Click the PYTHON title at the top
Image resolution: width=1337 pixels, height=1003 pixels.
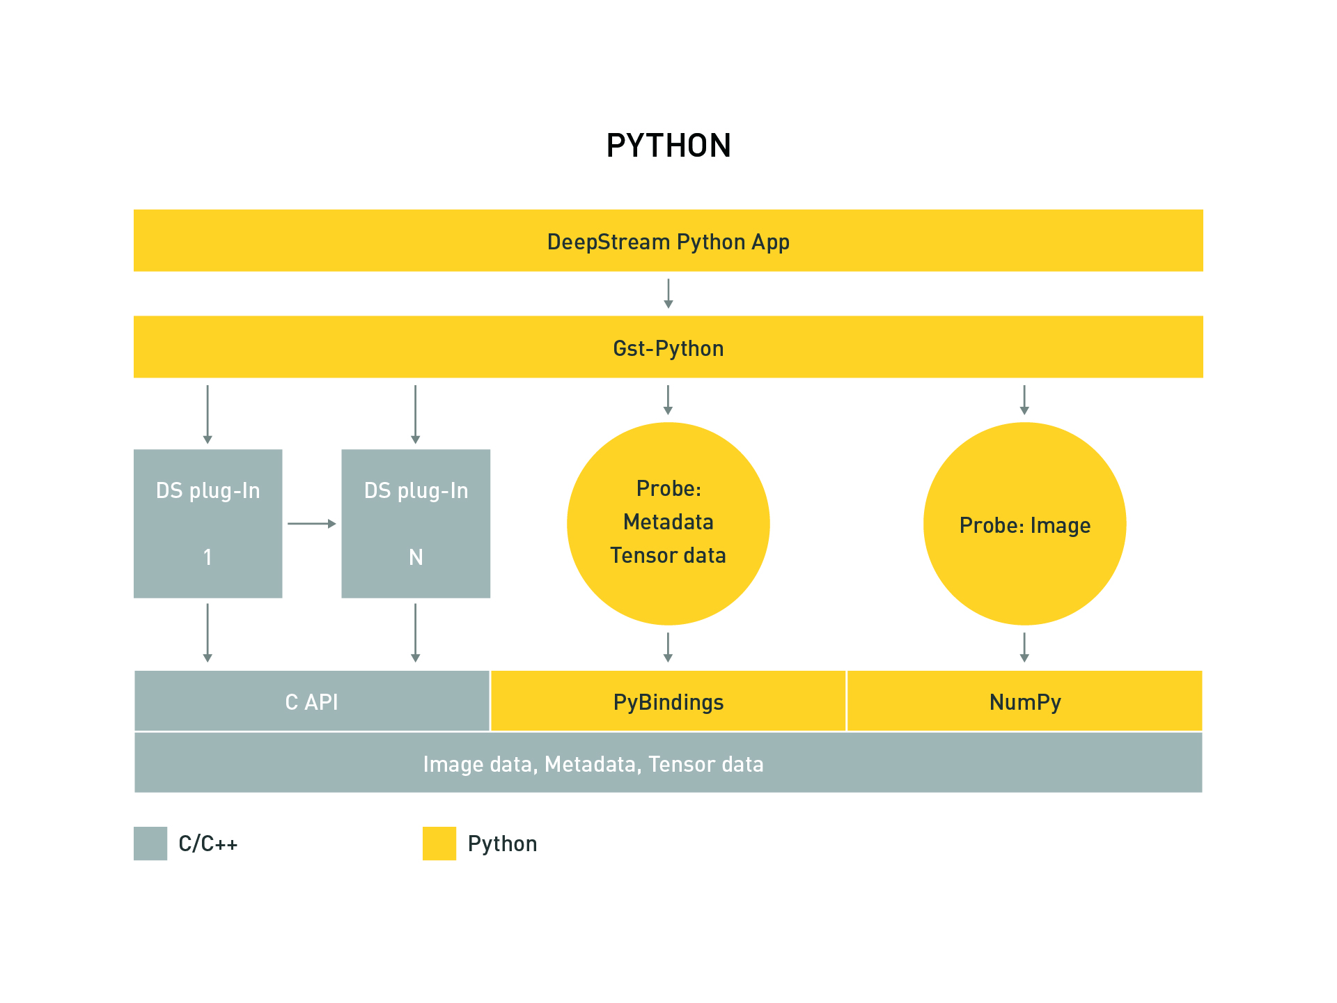[x=668, y=146]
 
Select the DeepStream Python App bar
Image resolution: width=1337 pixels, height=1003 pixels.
[x=668, y=241]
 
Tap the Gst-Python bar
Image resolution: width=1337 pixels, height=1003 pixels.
[x=668, y=347]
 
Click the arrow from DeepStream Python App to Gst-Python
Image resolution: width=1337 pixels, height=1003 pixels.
[x=668, y=293]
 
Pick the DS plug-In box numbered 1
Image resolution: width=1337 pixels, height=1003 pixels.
[x=208, y=523]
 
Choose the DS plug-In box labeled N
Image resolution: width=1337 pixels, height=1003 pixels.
[x=416, y=523]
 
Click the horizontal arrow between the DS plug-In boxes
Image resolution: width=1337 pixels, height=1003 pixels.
[x=311, y=523]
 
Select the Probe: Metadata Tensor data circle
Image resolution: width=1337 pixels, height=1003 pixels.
[x=668, y=523]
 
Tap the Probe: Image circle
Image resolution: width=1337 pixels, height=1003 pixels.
[x=1024, y=524]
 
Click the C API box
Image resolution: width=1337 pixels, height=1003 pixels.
[x=311, y=701]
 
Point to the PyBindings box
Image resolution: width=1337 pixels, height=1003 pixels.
[x=668, y=701]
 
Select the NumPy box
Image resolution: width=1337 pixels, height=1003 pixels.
[x=1024, y=701]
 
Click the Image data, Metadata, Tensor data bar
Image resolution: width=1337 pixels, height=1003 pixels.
[x=668, y=763]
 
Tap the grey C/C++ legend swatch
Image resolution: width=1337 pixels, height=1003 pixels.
[x=150, y=843]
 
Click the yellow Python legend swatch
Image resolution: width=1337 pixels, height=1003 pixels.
[x=439, y=843]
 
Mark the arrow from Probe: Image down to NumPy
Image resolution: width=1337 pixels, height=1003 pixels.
[x=1024, y=647]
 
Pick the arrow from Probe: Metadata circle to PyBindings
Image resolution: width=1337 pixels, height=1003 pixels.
[x=668, y=647]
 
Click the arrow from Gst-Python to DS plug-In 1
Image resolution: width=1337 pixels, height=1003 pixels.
[x=208, y=414]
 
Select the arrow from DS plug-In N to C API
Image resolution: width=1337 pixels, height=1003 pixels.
[x=416, y=632]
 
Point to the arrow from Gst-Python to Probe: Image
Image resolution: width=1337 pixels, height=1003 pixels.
[x=1024, y=400]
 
